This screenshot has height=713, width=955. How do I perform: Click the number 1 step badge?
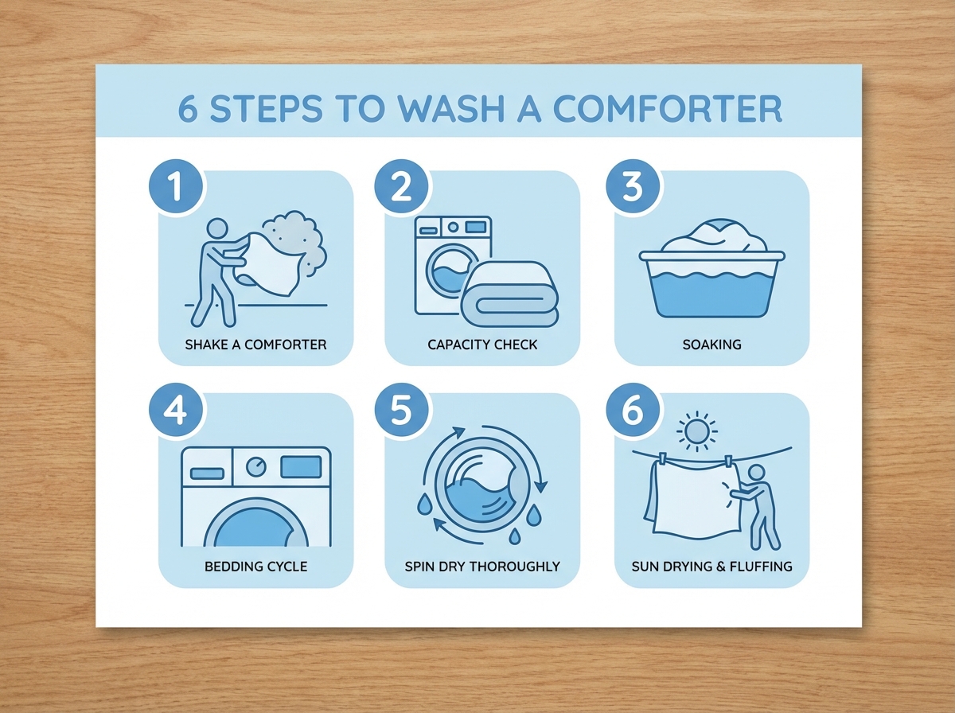[x=176, y=186]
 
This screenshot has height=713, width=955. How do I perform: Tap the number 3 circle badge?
[x=633, y=186]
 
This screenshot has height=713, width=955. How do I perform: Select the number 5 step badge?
[x=401, y=409]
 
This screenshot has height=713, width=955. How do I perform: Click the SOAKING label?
[x=711, y=345]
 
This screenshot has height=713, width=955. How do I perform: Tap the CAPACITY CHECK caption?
[x=482, y=345]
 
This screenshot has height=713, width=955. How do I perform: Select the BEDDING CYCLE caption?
[x=255, y=567]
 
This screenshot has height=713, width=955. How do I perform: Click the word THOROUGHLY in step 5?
[x=515, y=567]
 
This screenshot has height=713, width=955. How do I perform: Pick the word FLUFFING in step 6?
[x=761, y=567]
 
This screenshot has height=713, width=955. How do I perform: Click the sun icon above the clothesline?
[x=697, y=431]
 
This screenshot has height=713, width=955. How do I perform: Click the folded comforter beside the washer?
[x=509, y=294]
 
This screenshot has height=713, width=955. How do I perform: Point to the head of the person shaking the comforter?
[x=217, y=228]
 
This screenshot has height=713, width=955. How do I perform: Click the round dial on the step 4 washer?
[x=256, y=467]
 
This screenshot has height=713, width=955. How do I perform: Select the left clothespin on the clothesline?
[x=663, y=458]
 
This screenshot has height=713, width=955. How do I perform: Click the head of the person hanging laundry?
[x=756, y=473]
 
